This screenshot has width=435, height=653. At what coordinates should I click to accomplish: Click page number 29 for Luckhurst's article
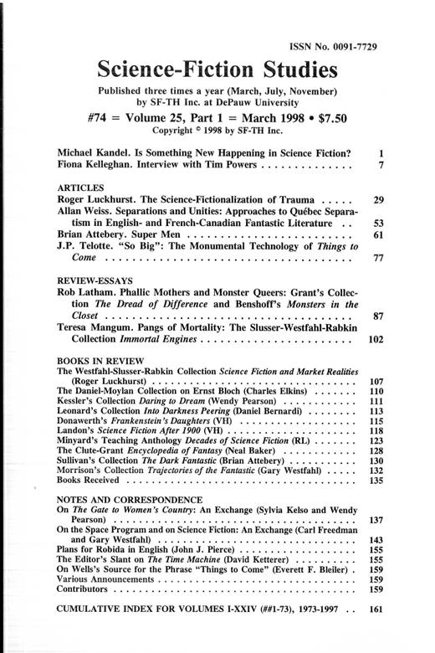tap(378, 202)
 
